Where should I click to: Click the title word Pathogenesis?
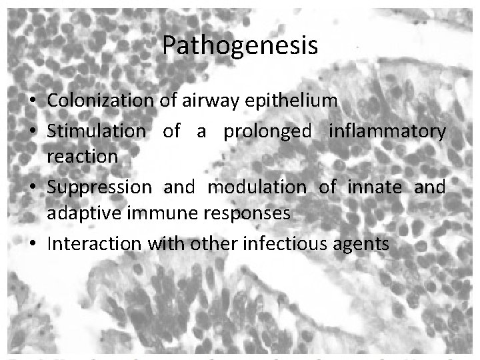(240, 46)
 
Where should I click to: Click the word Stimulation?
(96, 131)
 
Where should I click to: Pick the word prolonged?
(267, 131)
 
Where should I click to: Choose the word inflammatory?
(387, 131)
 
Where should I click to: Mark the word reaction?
(83, 156)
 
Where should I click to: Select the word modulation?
(257, 187)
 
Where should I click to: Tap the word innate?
(375, 187)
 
